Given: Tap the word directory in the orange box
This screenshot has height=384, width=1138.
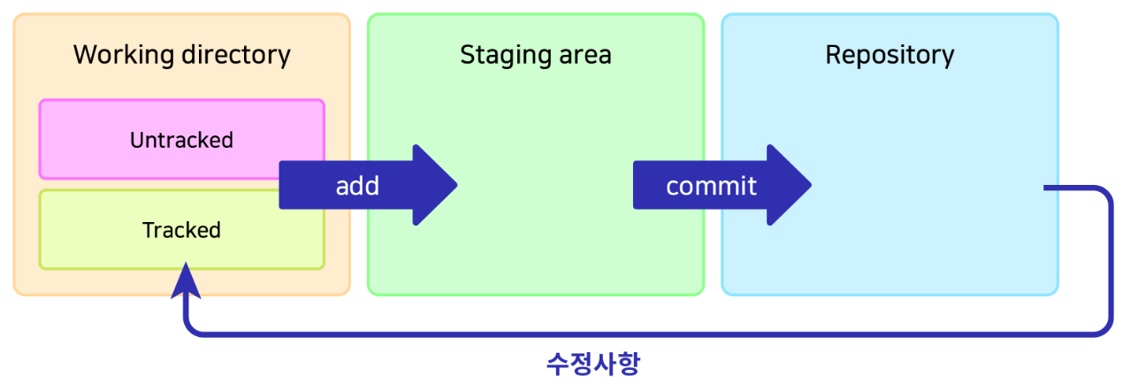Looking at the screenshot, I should (x=235, y=55).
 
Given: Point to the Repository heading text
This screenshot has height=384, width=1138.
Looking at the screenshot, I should (x=890, y=55).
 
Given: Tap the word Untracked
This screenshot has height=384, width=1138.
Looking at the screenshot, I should (x=181, y=140).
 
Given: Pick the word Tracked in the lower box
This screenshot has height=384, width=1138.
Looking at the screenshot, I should (x=181, y=230).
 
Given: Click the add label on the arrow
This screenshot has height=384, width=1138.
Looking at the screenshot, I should (x=357, y=186).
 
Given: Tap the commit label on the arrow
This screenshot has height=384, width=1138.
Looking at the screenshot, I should (x=711, y=186).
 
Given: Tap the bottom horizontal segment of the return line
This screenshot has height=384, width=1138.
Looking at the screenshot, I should (x=645, y=334).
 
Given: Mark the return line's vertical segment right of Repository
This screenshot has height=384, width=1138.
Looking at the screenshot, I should (x=1110, y=261).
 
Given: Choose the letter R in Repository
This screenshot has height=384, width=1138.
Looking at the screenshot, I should (x=833, y=55).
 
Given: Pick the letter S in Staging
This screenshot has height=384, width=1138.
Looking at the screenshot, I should (x=467, y=55).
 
